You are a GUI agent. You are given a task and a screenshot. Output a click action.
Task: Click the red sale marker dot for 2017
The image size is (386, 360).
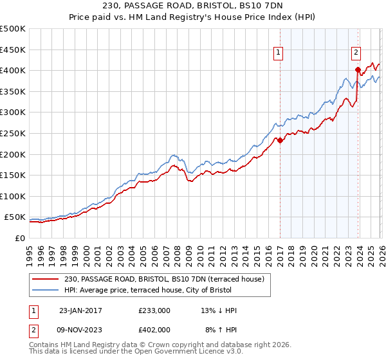[280, 140]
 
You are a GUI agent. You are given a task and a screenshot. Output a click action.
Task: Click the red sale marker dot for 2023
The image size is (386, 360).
[358, 69]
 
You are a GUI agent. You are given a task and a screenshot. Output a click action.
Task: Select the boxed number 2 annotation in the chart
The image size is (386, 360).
[356, 53]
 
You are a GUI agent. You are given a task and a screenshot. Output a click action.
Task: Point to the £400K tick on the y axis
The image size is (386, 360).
[13, 70]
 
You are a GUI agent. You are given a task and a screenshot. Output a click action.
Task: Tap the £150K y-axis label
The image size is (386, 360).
[13, 175]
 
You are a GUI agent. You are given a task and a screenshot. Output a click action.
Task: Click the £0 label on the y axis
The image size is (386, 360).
[20, 238]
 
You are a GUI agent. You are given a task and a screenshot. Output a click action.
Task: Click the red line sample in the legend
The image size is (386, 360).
[46, 278]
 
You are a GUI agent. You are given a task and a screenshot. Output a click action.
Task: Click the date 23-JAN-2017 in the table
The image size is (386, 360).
[80, 310]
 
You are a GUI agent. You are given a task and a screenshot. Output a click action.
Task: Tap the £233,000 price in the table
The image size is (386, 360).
[154, 310]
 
